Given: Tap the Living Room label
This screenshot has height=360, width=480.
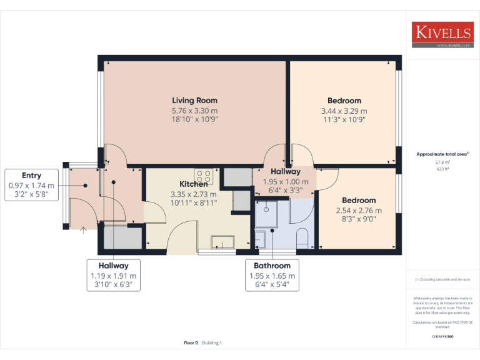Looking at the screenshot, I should [195, 100].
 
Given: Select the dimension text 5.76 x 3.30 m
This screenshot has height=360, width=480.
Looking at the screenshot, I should [195, 110].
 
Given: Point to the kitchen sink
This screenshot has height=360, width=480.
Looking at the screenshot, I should [222, 242].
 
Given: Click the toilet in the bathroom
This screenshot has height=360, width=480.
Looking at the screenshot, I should [302, 238].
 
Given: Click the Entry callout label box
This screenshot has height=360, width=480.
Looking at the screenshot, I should [31, 186].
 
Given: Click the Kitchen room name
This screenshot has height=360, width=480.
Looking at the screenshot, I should [194, 184].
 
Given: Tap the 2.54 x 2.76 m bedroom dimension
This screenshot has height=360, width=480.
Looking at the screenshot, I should [359, 211].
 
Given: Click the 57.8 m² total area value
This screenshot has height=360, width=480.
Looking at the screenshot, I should [442, 162].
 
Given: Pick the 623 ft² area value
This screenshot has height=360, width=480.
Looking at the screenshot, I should [442, 169].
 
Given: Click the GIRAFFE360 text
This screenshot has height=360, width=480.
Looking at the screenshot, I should [442, 336].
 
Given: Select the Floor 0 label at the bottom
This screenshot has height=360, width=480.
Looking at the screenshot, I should [191, 342].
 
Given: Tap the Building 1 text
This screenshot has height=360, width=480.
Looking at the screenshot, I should [212, 342].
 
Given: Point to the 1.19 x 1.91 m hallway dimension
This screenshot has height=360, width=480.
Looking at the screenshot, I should [113, 276].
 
